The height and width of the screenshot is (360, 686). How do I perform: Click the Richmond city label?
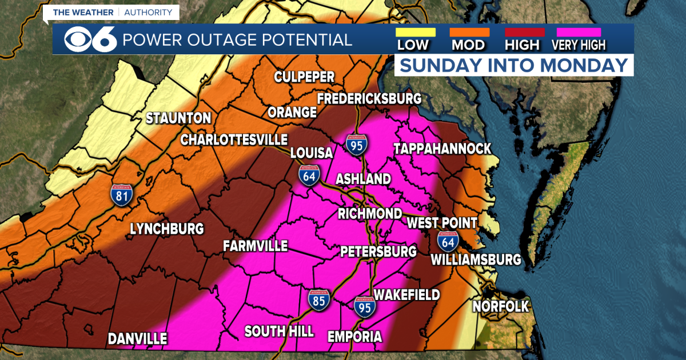(x=369, y=214)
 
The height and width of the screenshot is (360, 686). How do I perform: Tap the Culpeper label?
(x=304, y=77)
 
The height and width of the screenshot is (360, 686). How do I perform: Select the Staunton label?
(x=178, y=119)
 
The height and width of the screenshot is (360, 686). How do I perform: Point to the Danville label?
(x=138, y=338)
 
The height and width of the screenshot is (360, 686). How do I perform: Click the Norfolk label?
(x=501, y=306)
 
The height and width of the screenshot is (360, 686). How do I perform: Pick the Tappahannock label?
(x=442, y=149)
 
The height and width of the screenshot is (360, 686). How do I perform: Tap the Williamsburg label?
(x=476, y=260)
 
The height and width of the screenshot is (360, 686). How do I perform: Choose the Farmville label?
(x=255, y=246)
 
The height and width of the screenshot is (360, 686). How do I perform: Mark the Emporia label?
(x=354, y=337)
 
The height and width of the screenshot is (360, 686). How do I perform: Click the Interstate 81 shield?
(x=122, y=195)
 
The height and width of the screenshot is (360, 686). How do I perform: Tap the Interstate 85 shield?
(x=318, y=300)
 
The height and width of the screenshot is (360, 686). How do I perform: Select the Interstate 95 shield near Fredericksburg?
(x=357, y=145)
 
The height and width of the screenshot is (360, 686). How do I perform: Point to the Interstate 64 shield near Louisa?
(x=309, y=177)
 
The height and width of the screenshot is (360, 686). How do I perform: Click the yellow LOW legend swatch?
(x=416, y=33)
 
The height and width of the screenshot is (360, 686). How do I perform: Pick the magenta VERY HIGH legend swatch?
(x=578, y=33)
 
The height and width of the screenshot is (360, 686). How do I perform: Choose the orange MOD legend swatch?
(x=469, y=33)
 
